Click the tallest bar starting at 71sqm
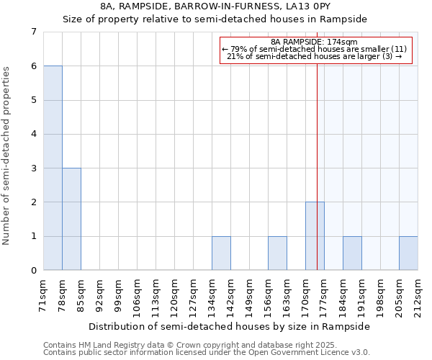point(53,168)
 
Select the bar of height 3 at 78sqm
point(71,219)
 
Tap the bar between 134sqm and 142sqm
point(221,253)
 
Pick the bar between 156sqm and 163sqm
point(277,253)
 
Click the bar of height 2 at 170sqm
point(315,236)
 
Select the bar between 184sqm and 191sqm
point(352,253)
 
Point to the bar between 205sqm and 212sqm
point(408,253)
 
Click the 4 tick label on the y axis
point(33,134)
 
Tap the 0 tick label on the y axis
point(33,271)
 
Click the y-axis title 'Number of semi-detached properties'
point(6,156)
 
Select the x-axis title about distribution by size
point(230,326)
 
